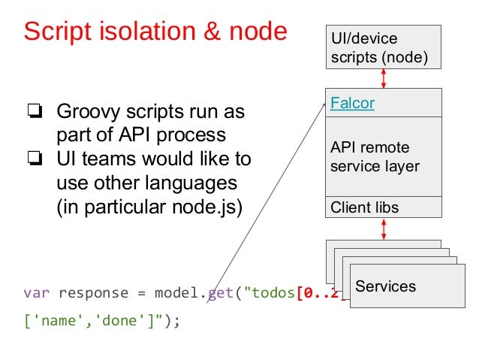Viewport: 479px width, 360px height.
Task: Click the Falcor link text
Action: click(352, 103)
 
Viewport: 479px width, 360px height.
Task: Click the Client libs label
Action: click(365, 207)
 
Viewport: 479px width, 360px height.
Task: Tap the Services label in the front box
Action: click(385, 286)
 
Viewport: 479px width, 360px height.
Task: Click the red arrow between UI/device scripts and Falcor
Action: click(384, 77)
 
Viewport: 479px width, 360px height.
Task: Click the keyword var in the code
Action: click(36, 292)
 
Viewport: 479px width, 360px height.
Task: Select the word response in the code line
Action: click(92, 292)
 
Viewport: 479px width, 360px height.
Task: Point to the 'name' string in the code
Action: click(56, 321)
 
